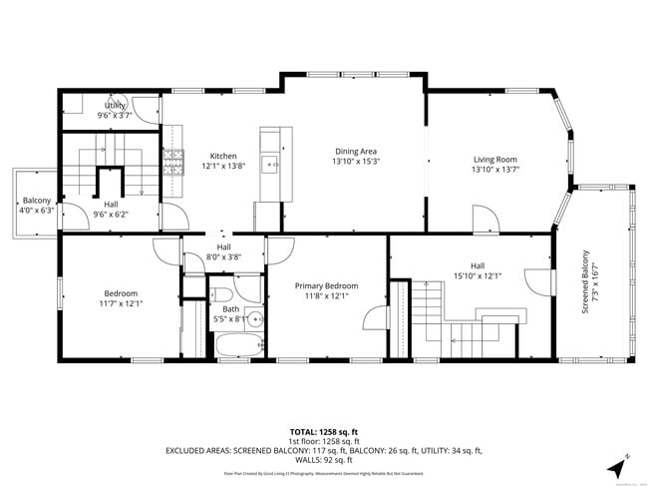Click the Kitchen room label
pyautogui.click(x=222, y=156)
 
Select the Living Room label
pyautogui.click(x=494, y=159)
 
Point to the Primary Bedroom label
pyautogui.click(x=326, y=285)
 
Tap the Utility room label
pyautogui.click(x=117, y=105)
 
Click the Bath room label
pyautogui.click(x=232, y=309)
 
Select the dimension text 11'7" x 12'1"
pyautogui.click(x=121, y=302)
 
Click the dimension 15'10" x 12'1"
pyautogui.click(x=479, y=276)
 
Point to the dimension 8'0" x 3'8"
pyautogui.click(x=224, y=256)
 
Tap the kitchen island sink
pyautogui.click(x=270, y=163)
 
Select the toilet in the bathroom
pyautogui.click(x=221, y=293)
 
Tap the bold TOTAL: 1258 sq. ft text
pyautogui.click(x=323, y=432)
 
